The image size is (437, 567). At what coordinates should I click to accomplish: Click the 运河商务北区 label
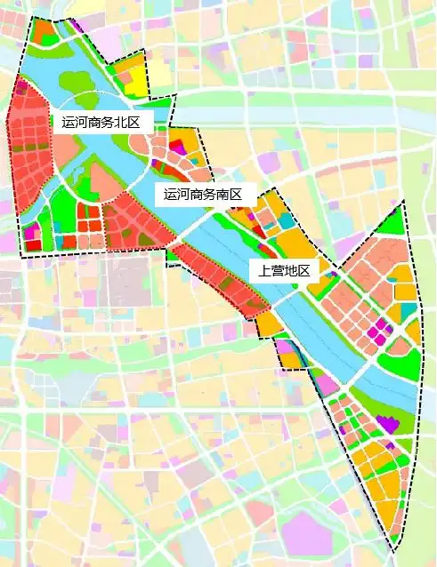tap(101, 123)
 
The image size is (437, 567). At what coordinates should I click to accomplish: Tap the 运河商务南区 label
tap(204, 195)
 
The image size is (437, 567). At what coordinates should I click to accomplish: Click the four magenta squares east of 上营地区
tap(378, 331)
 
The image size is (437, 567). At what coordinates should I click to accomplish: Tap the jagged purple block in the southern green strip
tap(386, 424)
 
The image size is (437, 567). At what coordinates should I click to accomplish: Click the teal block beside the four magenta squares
tap(407, 311)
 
